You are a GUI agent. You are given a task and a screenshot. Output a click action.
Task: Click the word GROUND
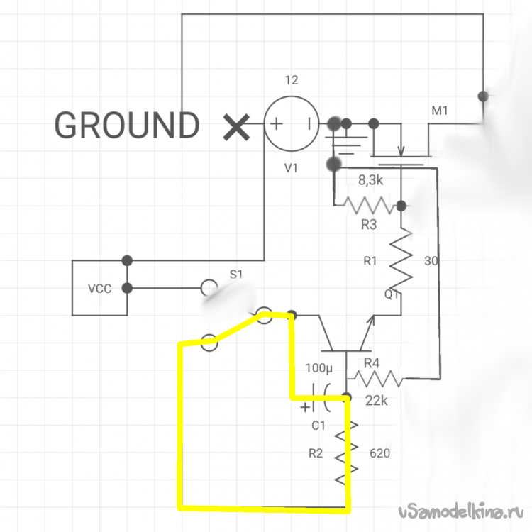(x=127, y=126)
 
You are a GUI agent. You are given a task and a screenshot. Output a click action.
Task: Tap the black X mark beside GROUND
(x=235, y=127)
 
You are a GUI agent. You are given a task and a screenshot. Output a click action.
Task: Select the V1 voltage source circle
(x=291, y=124)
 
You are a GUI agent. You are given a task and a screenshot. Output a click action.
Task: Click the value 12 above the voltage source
(x=291, y=80)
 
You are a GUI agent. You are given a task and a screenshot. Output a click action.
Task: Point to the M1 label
(x=440, y=111)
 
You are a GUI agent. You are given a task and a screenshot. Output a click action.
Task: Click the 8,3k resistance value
(x=372, y=179)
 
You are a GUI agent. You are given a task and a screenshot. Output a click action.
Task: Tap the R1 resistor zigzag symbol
(x=401, y=261)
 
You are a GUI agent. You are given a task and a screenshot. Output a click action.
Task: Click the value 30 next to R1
(x=431, y=261)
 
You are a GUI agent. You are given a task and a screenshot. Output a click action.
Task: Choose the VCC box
(x=99, y=288)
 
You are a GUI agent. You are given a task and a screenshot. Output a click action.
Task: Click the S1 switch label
(x=235, y=275)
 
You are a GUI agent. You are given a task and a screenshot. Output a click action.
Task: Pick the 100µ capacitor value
(x=318, y=369)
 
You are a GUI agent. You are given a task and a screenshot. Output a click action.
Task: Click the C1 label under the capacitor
(x=318, y=426)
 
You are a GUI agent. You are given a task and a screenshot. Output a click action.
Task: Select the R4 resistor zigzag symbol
(x=379, y=379)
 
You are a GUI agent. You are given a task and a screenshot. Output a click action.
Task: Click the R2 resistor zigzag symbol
(x=346, y=454)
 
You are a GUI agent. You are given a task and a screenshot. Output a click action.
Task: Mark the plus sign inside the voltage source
(x=275, y=124)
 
